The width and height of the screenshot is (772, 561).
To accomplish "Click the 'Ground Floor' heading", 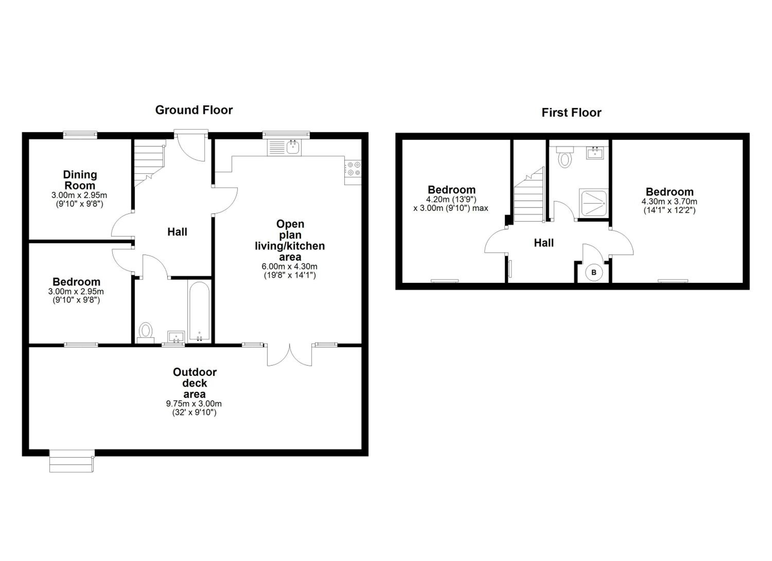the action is pos(194,110).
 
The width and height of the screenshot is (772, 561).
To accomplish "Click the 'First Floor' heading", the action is pos(572,113).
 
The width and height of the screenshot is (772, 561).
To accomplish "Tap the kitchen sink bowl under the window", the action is pos(293,148).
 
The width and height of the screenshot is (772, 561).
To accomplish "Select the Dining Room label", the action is pos(80,180).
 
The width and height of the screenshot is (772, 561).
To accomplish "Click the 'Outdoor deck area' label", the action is pos(195,383).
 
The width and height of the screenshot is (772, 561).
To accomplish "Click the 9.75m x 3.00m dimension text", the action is pos(194,404).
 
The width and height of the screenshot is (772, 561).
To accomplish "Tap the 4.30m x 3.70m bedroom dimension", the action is pos(669,202).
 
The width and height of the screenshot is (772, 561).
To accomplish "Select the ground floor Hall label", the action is pos(177,232).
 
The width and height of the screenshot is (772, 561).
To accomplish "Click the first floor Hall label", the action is pos(543,243).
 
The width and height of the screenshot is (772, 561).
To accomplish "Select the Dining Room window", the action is pos(80,135).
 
